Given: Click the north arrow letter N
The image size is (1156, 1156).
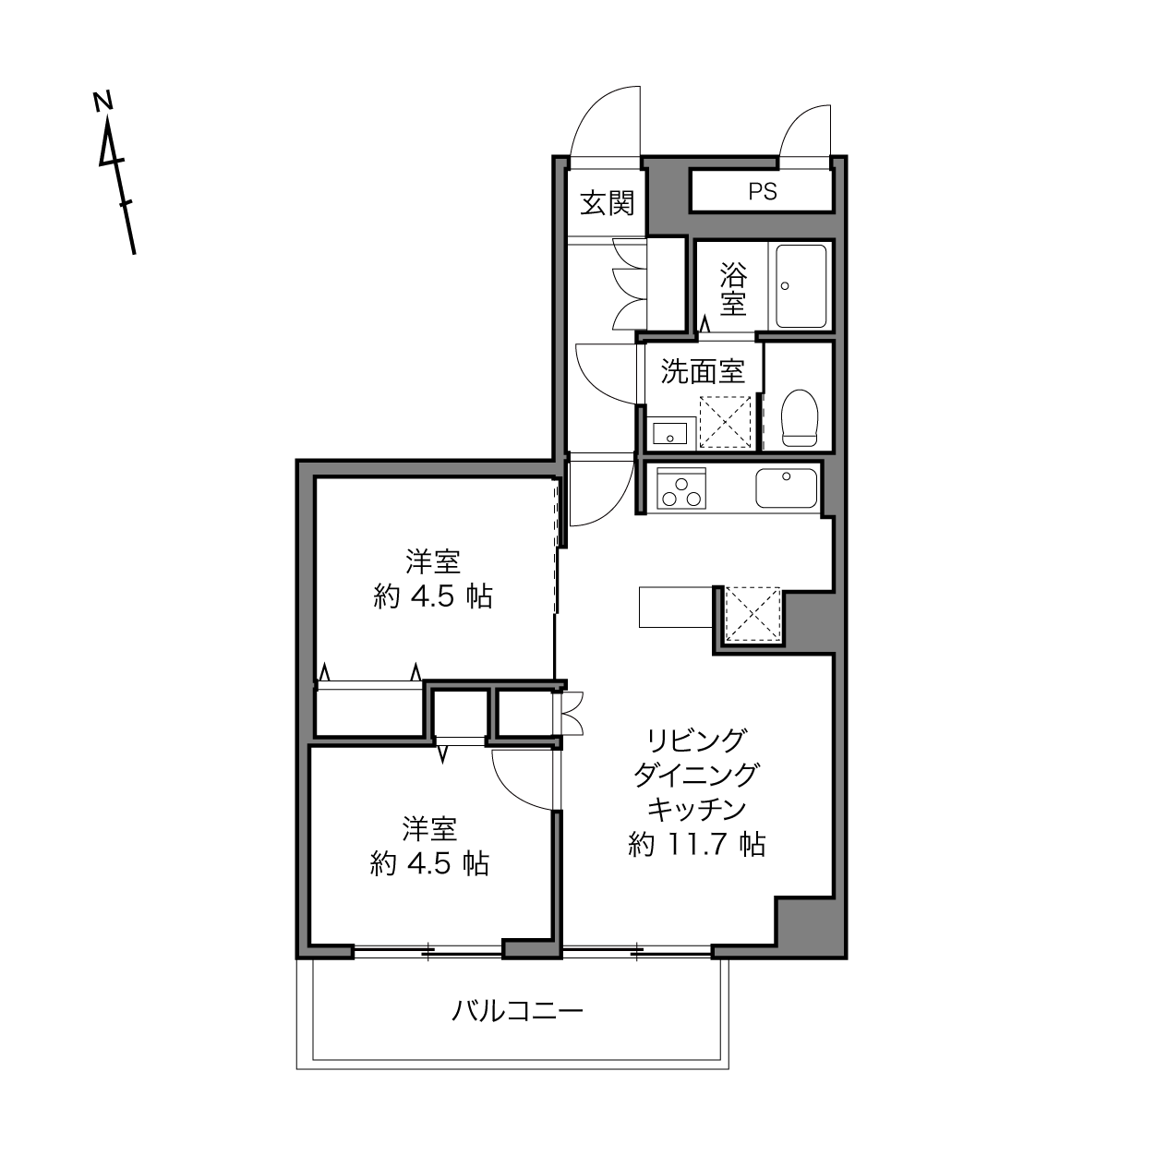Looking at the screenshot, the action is (103, 101).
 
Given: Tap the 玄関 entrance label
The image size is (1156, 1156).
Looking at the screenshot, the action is (608, 203).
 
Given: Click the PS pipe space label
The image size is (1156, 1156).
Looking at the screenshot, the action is (763, 191).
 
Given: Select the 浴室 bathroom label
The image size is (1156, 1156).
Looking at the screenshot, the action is (733, 290).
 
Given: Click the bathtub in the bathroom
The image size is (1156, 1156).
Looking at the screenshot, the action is (801, 285).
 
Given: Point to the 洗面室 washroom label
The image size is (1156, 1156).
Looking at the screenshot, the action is (703, 371).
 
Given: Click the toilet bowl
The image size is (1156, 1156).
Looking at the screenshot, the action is (800, 417).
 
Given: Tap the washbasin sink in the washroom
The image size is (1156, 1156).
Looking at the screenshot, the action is (670, 432).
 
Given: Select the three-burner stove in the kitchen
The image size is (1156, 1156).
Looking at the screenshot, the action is (681, 488).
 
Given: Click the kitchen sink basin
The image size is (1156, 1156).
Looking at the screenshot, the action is (786, 488).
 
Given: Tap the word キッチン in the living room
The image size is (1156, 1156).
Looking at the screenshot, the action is (696, 809).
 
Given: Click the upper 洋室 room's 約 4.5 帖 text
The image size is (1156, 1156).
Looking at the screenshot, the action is (432, 596).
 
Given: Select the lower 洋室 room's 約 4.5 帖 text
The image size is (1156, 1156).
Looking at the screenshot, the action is (429, 864).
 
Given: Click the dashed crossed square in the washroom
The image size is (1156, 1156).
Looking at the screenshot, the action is (726, 422).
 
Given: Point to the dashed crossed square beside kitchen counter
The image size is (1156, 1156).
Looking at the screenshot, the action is (753, 615).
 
